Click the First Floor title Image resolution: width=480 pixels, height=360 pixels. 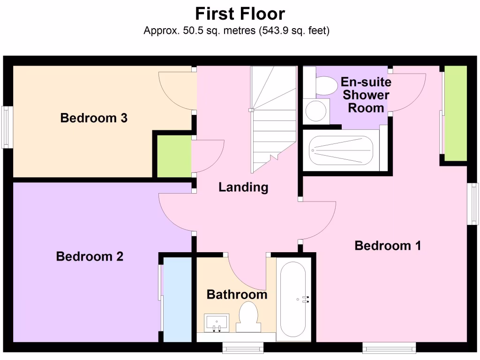pyautogui.click(x=240, y=14)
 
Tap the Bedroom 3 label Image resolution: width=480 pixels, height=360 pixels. pyautogui.click(x=94, y=118)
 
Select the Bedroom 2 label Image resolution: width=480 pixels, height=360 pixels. pyautogui.click(x=90, y=256)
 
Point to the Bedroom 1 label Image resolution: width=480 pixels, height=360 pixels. pyautogui.click(x=388, y=245)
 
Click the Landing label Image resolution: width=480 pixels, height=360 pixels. pyautogui.click(x=243, y=187)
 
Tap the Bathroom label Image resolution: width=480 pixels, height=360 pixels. pyautogui.click(x=237, y=294)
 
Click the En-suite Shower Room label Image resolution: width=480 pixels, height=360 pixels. pyautogui.click(x=366, y=95)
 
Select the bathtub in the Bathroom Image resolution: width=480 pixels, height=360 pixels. pyautogui.click(x=293, y=299)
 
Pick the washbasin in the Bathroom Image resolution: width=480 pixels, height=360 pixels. pyautogui.click(x=217, y=322)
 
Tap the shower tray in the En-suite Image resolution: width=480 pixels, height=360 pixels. pyautogui.click(x=341, y=150)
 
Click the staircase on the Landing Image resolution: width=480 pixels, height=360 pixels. pyautogui.click(x=273, y=117)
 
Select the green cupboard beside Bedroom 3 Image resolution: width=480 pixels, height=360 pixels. pyautogui.click(x=174, y=156)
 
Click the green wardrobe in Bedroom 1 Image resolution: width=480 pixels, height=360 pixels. pyautogui.click(x=455, y=112)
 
